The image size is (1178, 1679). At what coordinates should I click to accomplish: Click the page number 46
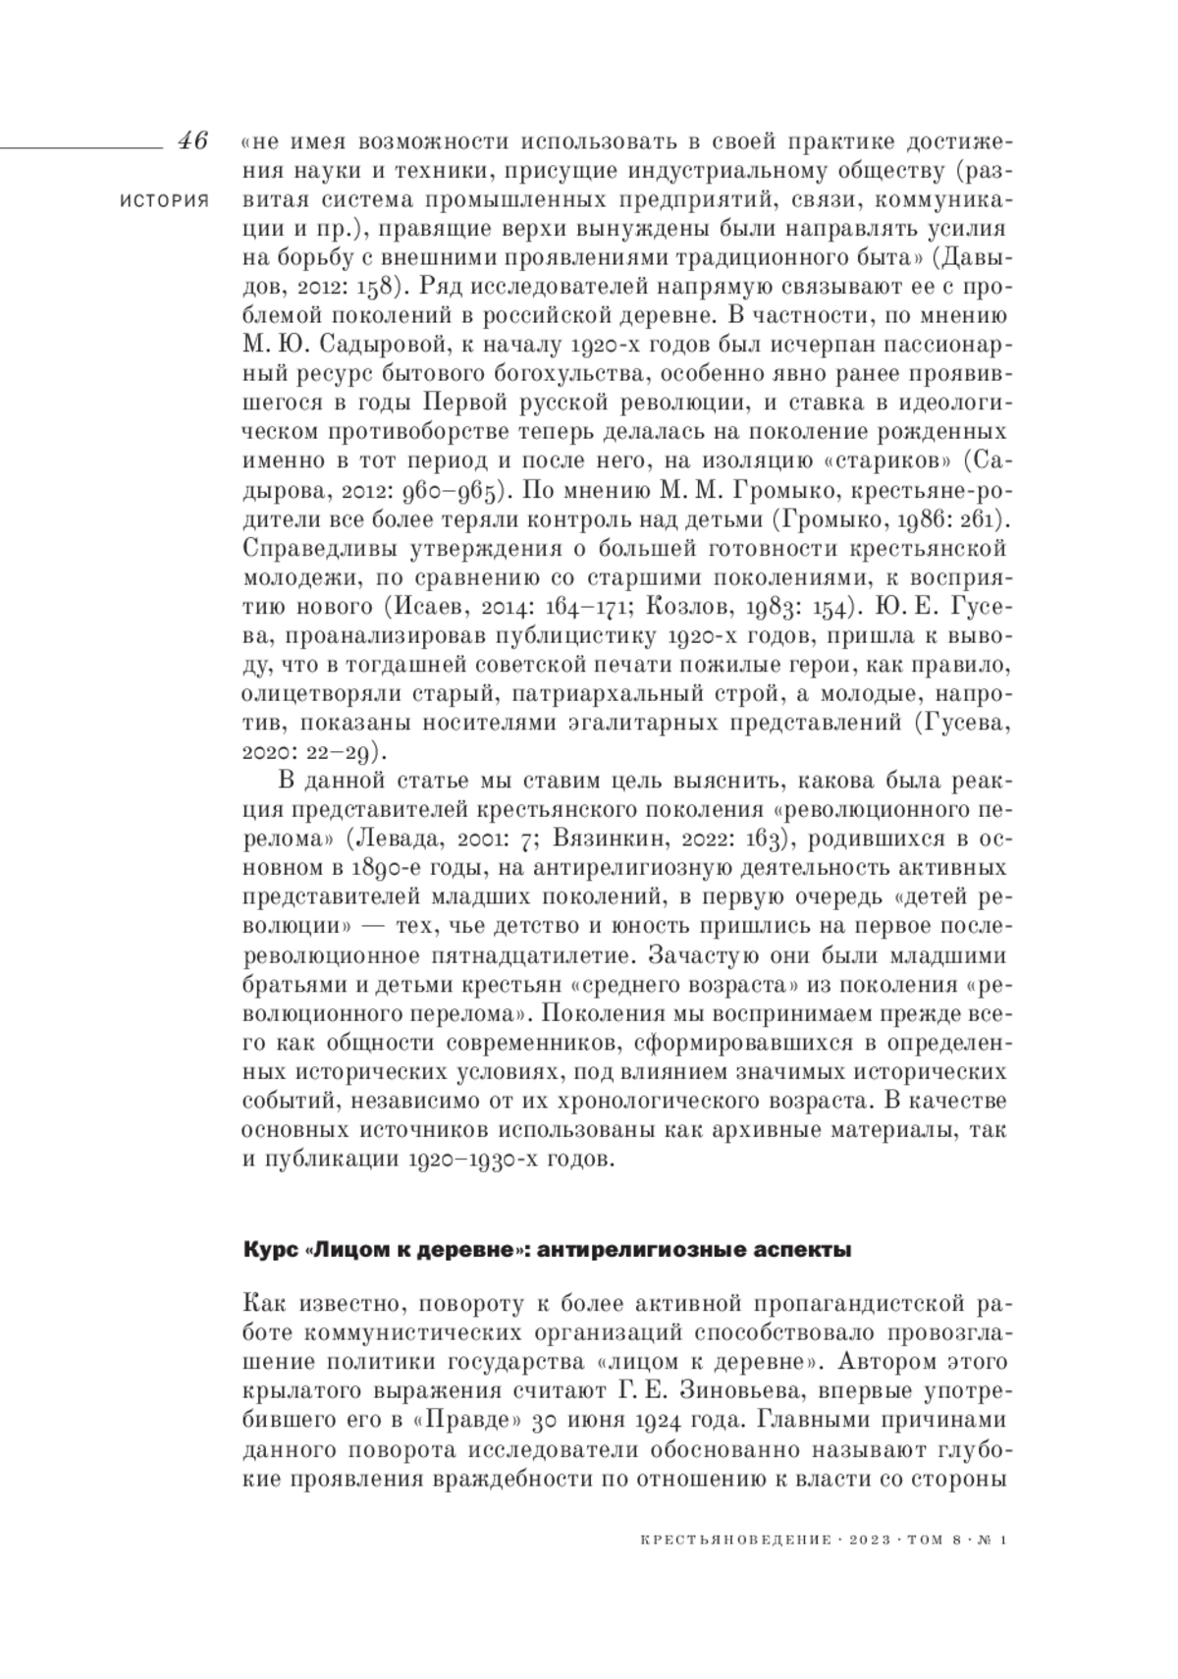coord(192,140)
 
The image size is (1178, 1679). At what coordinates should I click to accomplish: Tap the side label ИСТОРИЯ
coord(164,200)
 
